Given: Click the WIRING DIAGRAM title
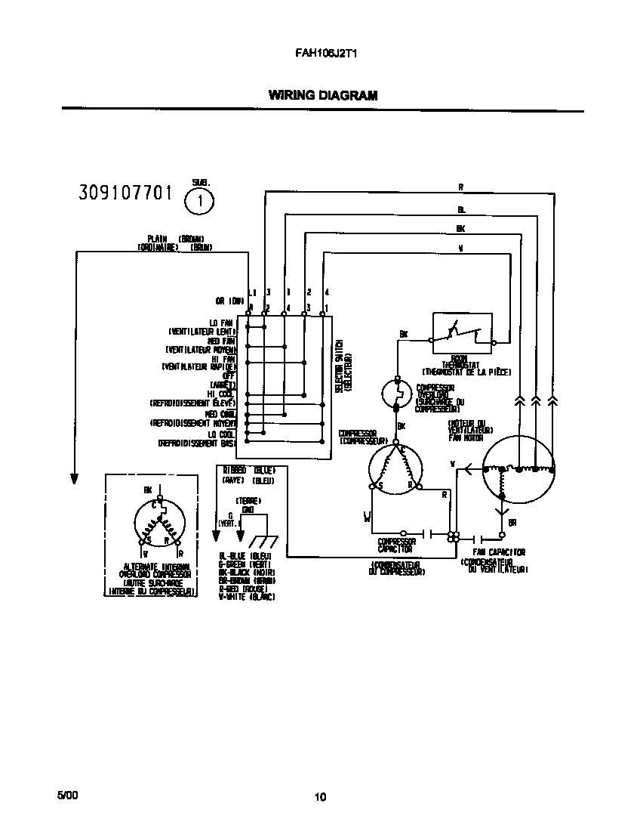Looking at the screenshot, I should click(x=322, y=95).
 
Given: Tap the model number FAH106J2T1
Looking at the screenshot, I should click(x=319, y=54).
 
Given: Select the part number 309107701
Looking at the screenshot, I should click(x=125, y=193).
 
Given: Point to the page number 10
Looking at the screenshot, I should click(x=320, y=796).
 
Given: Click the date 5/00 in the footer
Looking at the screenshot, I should click(x=66, y=795).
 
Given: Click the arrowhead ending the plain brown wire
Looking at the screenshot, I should click(x=75, y=478).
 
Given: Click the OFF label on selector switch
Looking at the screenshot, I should click(x=229, y=375).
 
